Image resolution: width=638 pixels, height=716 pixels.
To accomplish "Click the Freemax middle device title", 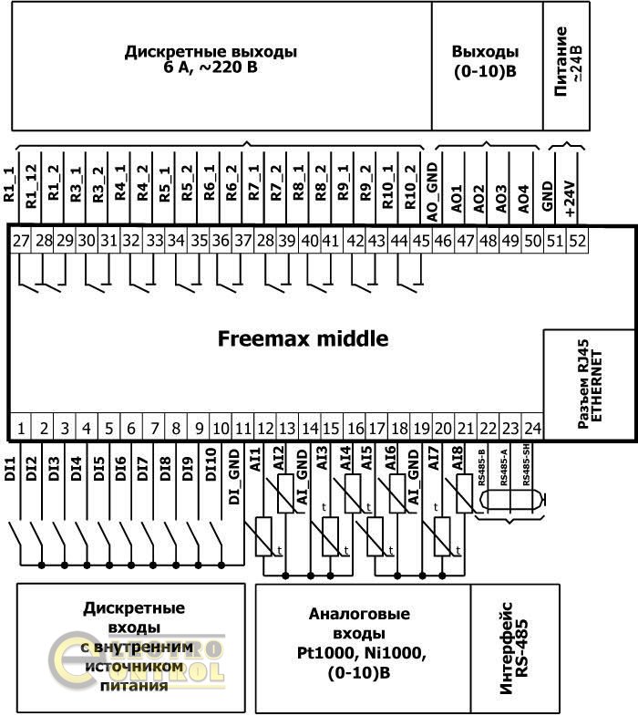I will click(x=303, y=339).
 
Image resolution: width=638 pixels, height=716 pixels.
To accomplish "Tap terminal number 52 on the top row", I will click(x=578, y=241).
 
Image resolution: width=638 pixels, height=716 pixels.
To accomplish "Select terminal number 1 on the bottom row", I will click(x=20, y=427).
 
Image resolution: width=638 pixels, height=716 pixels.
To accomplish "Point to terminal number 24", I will click(x=532, y=427).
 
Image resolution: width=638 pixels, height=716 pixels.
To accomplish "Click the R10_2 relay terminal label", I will click(x=411, y=188).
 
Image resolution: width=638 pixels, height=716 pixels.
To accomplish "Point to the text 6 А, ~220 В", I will click(x=211, y=67).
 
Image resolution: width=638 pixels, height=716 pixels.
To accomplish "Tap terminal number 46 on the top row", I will click(x=443, y=241).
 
